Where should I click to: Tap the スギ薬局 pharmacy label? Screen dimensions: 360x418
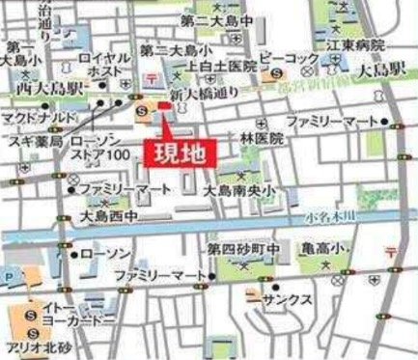(34, 142)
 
